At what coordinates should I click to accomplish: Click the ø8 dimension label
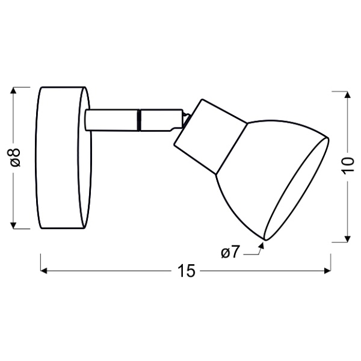pyautogui.click(x=16, y=158)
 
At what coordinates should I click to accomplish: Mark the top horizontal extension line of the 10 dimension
pyautogui.click(x=340, y=91)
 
